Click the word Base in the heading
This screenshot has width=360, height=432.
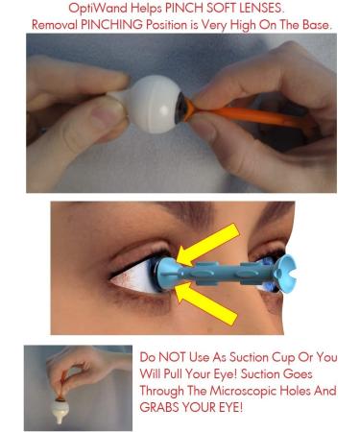coord(311,22)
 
